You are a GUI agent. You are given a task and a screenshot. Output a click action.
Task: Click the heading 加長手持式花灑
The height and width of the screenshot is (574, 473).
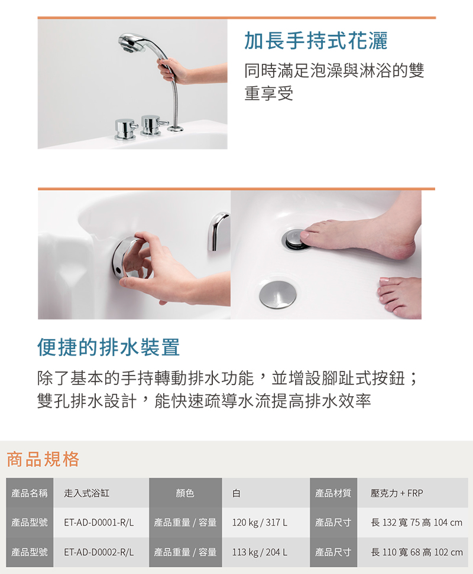316,40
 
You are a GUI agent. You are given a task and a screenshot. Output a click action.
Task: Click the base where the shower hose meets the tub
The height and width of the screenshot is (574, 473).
176,128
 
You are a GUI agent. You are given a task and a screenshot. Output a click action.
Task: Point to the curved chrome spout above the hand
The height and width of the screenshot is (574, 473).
217,231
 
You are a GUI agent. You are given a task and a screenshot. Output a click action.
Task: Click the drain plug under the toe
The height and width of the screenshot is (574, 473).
294,240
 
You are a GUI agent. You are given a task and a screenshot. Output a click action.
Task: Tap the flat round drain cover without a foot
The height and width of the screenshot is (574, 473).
278,294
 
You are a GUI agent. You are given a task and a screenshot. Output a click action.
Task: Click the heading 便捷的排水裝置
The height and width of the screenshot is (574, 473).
108,347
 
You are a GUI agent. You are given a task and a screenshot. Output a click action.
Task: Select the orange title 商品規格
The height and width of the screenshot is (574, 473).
43,459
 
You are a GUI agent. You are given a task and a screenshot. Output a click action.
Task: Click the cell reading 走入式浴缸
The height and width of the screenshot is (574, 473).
86,493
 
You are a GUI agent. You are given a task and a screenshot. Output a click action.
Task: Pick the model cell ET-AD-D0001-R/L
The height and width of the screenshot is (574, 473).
99,523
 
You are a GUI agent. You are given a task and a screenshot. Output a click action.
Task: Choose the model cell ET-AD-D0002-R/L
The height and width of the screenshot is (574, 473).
99,552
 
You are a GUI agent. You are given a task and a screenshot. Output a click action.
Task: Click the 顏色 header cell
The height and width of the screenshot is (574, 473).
186,493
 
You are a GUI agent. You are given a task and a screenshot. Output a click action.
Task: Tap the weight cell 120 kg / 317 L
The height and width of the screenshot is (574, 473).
260,523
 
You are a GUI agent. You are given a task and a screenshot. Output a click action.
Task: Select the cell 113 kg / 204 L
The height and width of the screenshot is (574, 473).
260,552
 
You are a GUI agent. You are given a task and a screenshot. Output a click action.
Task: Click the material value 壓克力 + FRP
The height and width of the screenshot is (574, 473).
396,493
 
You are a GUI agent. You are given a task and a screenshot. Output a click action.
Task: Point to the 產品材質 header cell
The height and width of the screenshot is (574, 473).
333,493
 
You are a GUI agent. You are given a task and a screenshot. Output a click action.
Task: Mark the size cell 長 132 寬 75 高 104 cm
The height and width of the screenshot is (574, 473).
417,523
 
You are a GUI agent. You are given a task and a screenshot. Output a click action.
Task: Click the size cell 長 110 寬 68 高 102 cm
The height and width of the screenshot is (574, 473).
417,552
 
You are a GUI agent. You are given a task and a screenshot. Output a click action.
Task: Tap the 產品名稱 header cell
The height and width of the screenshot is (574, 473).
30,493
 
